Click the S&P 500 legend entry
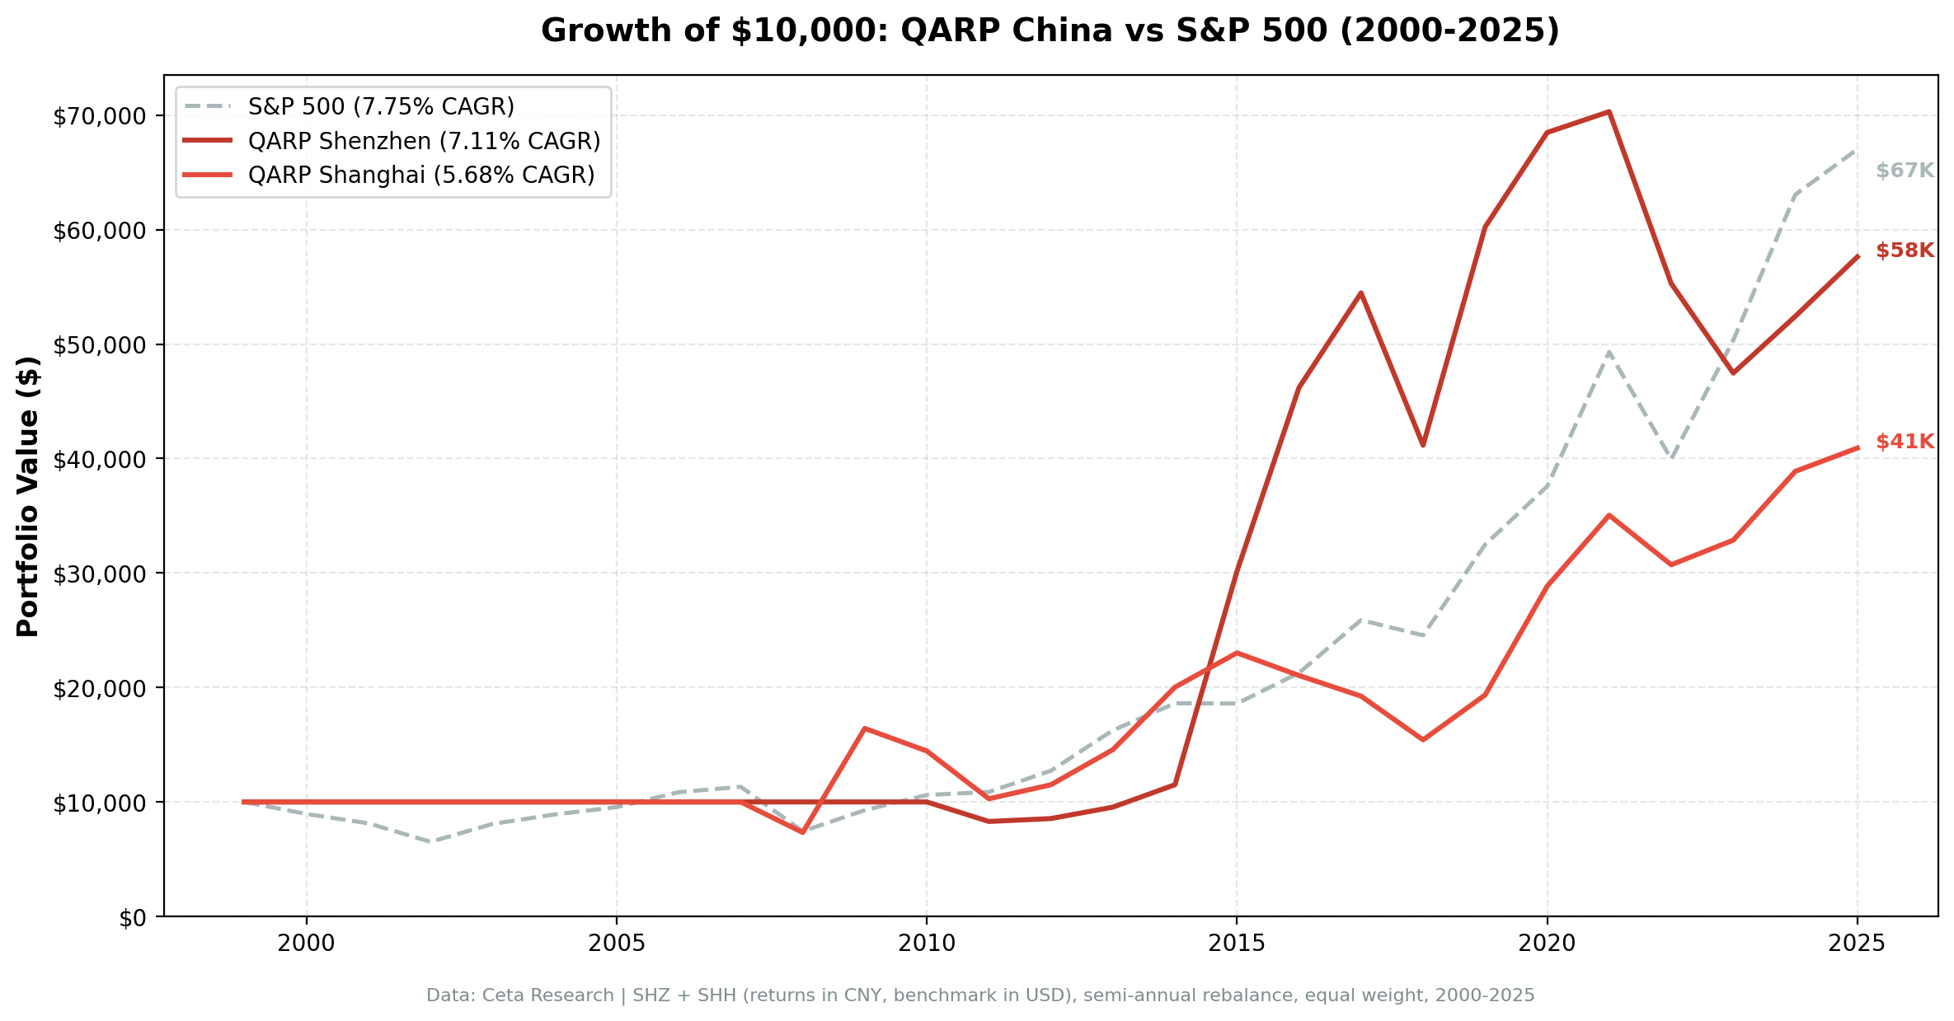pyautogui.click(x=380, y=107)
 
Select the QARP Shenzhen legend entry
pyautogui.click(x=423, y=142)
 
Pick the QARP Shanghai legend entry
pyautogui.click(x=420, y=176)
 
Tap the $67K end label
pyautogui.click(x=1905, y=171)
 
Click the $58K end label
pyautogui.click(x=1905, y=251)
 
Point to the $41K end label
pyautogui.click(x=1905, y=443)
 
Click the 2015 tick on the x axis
pyautogui.click(x=1236, y=944)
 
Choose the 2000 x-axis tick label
pyautogui.click(x=306, y=944)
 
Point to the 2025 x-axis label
pyautogui.click(x=1857, y=944)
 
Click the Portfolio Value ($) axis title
pyautogui.click(x=28, y=496)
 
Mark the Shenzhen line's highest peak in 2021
pyautogui.click(x=1609, y=111)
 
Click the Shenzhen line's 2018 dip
pyautogui.click(x=1423, y=445)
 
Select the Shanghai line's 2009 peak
pyautogui.click(x=864, y=728)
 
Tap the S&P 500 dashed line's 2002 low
pyautogui.click(x=430, y=841)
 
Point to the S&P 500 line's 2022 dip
pyautogui.click(x=1671, y=458)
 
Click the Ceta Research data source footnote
pyautogui.click(x=979, y=995)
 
